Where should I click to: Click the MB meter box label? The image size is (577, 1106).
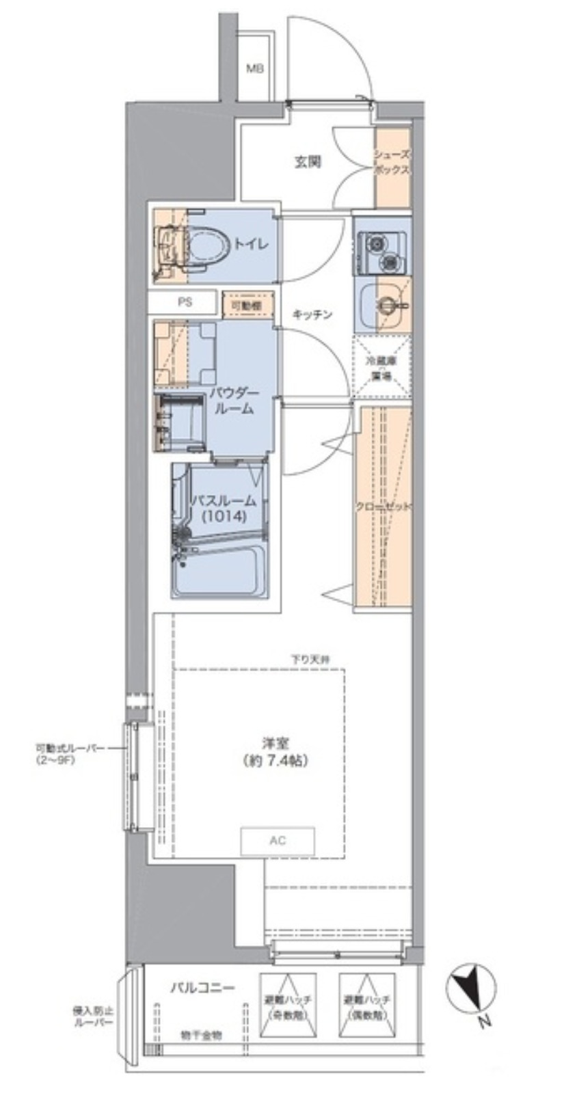pos(255,69)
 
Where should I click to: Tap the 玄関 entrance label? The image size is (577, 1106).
pos(308,162)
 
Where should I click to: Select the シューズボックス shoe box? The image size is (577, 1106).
pos(392,164)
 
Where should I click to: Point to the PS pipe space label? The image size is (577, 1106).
pos(185,301)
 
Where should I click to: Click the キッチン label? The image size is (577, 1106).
pos(312,314)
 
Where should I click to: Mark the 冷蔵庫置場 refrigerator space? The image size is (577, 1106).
pos(382,368)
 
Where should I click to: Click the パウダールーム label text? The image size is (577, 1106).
pos(234,401)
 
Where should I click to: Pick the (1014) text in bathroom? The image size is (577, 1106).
pos(223,517)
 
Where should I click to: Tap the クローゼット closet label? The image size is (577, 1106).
pos(383,507)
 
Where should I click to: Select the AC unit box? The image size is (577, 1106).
pos(277,841)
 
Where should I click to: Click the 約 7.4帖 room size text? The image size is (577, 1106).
pos(275,759)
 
